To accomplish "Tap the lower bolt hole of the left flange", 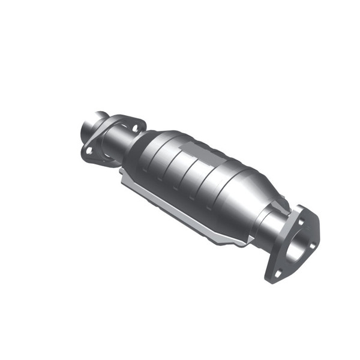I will pyautogui.click(x=89, y=150).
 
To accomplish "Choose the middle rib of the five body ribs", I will pyautogui.click(x=192, y=174).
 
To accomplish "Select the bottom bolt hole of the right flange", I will pyautogui.click(x=277, y=273).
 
